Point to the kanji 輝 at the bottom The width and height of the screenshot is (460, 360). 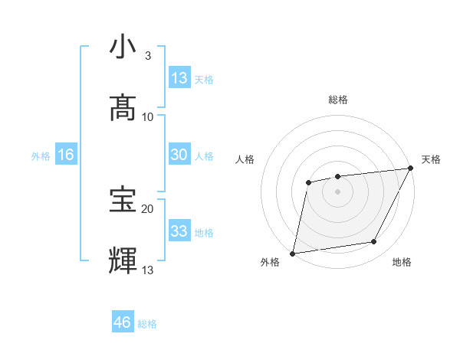coord(122,260)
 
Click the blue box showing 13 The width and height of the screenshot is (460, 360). coord(179,78)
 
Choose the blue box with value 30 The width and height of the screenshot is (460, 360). coord(179,155)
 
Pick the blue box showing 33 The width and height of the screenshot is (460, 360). coord(179,231)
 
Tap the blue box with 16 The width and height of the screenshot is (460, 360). coord(66,155)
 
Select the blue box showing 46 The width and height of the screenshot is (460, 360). coord(123,322)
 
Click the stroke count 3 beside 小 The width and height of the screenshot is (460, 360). coord(148,55)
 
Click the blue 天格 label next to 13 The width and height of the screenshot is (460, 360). coord(204,79)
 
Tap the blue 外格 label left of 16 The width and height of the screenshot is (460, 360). coord(41,155)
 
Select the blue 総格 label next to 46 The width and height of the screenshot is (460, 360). coord(147,323)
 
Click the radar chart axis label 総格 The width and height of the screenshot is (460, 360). coord(338,100)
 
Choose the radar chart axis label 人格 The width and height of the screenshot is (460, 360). coord(245,159)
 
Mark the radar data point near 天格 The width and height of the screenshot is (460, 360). coord(412,169)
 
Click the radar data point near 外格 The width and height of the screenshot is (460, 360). coord(293,253)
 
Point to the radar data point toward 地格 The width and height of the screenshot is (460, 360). coord(374,242)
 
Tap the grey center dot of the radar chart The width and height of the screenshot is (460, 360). coord(337,191)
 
